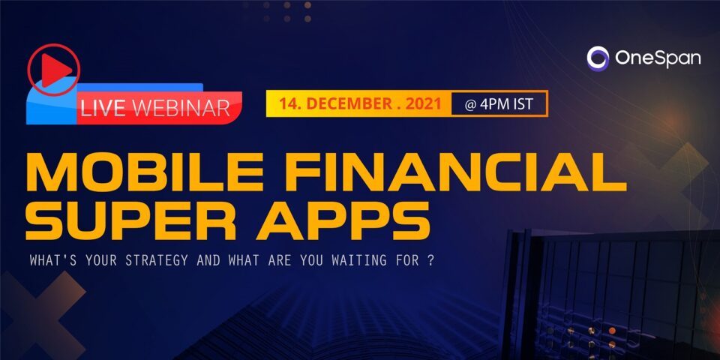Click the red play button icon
coord(54,69)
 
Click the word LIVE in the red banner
coord(103,108)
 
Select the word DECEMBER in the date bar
coord(358,103)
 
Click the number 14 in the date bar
coord(289,103)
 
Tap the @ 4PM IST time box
coord(499,103)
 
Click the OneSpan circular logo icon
coord(598,58)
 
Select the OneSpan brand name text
coord(658,58)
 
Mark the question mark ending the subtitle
coord(430,260)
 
